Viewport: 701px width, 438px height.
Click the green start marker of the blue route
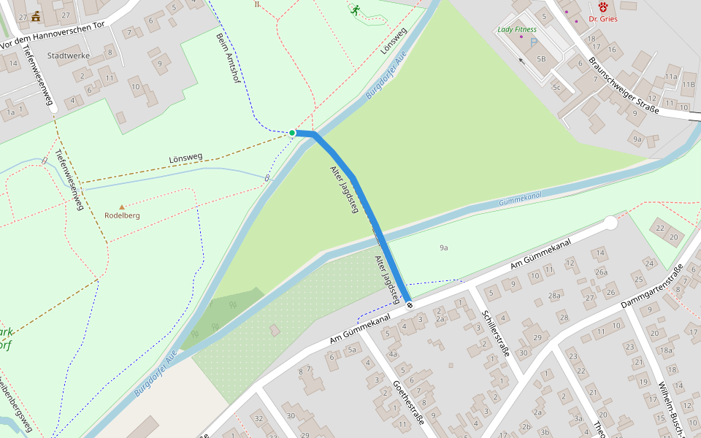point(292,133)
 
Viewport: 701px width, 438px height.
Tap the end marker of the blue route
point(409,305)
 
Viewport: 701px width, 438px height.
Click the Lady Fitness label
point(517,30)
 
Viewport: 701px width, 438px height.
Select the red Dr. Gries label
point(603,18)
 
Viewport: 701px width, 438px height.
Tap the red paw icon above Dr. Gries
point(603,6)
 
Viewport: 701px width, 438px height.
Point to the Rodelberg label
point(122,216)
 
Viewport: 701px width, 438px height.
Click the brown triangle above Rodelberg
point(121,207)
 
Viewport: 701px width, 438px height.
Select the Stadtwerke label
point(68,55)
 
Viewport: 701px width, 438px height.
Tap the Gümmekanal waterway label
point(520,198)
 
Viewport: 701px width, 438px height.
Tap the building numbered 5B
point(541,59)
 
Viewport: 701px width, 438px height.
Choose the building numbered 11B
point(688,84)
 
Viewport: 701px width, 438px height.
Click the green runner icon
point(355,10)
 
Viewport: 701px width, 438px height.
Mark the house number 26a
point(601,272)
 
